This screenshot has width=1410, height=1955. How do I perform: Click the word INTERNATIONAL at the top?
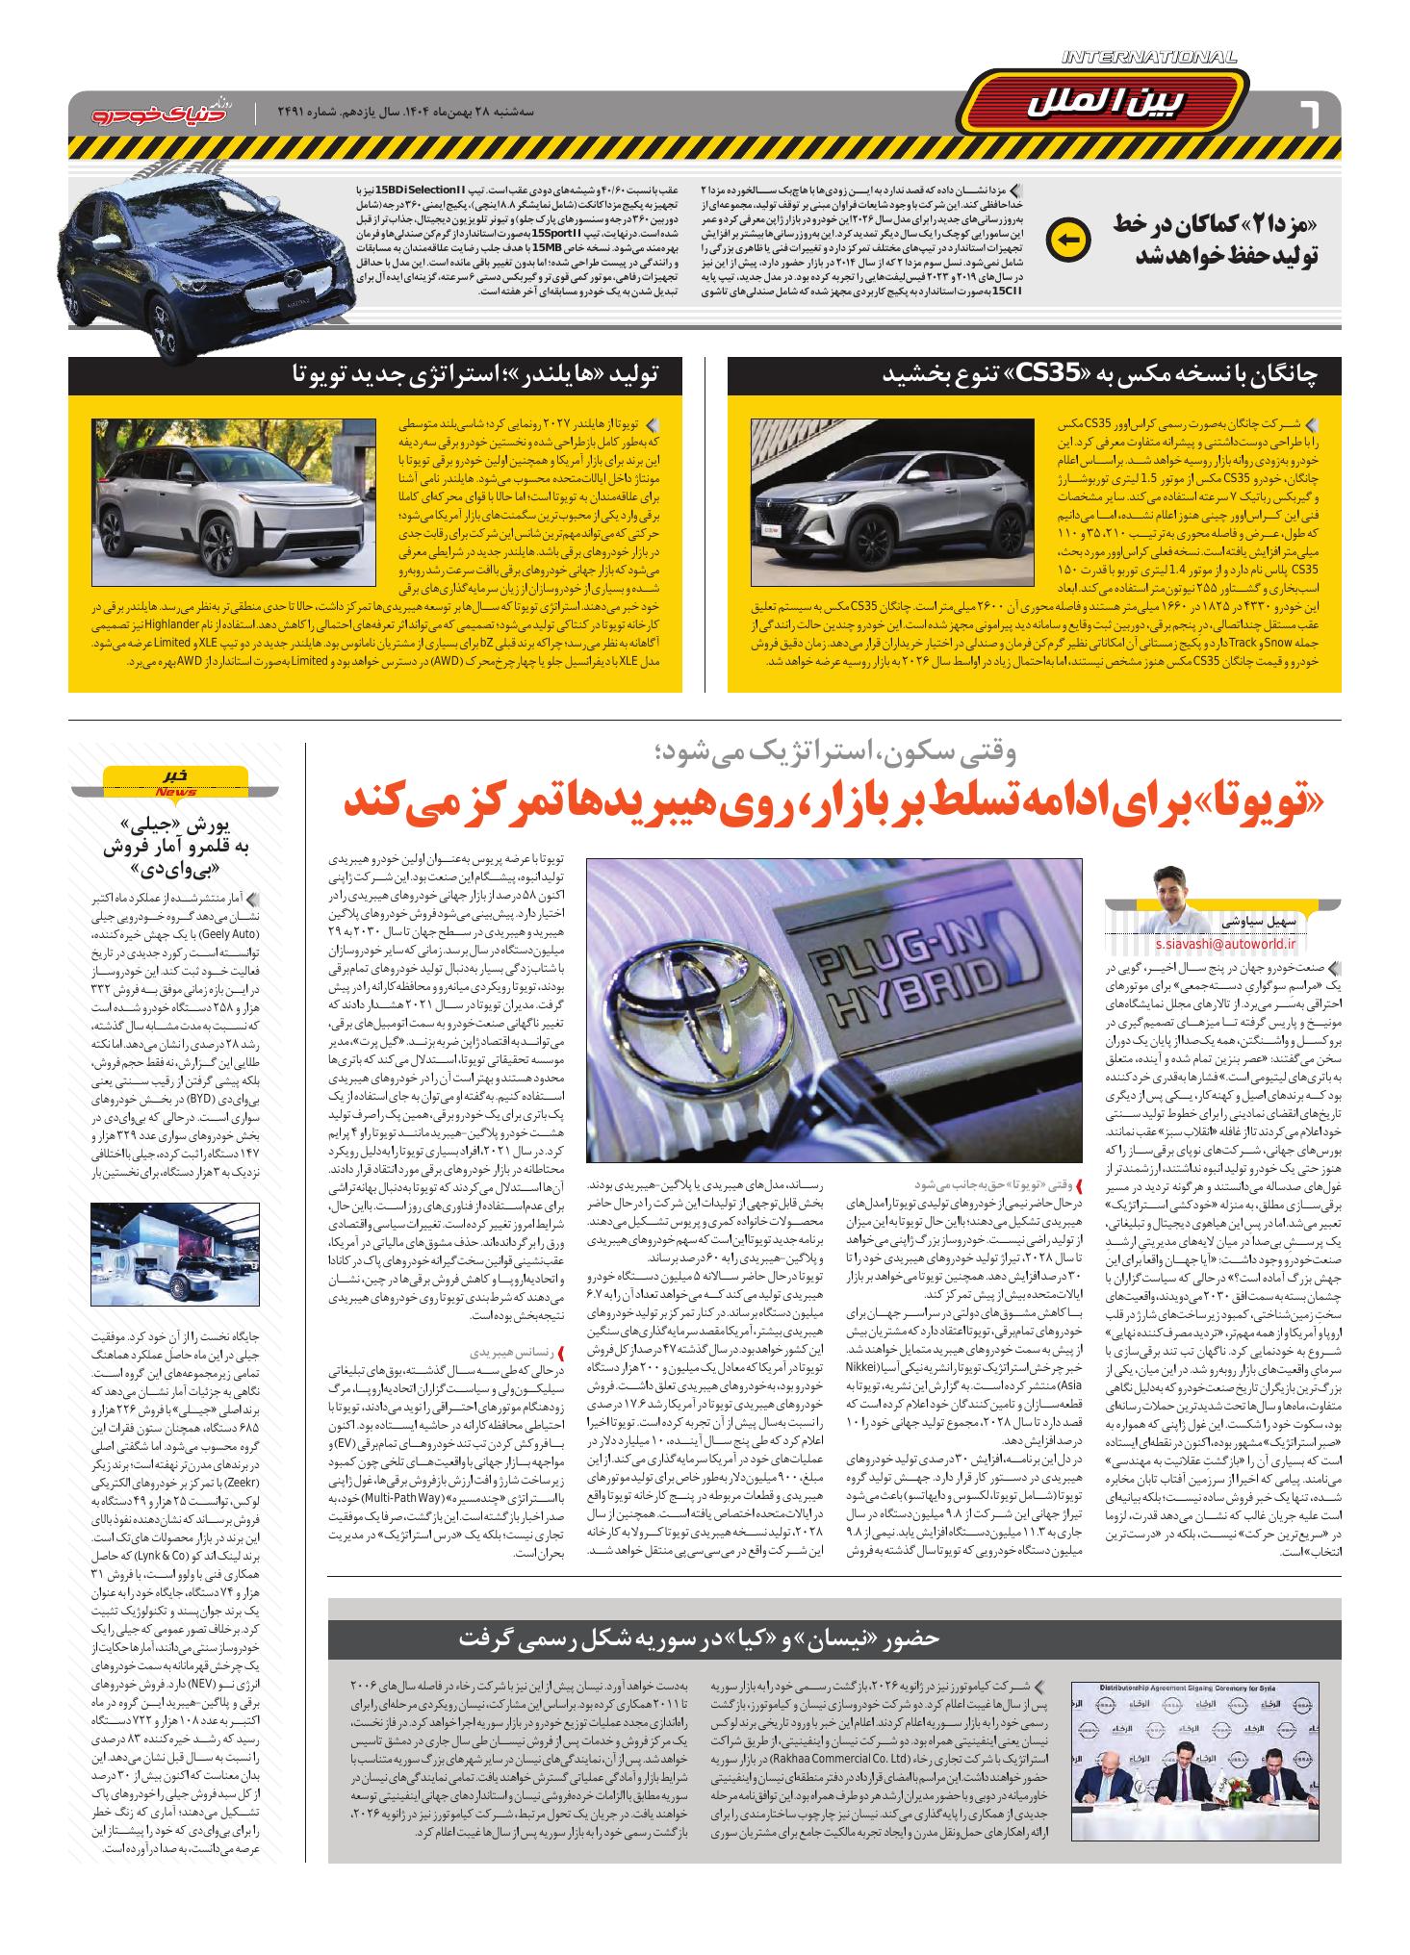click(1150, 59)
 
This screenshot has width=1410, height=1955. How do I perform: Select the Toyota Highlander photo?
click(233, 502)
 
